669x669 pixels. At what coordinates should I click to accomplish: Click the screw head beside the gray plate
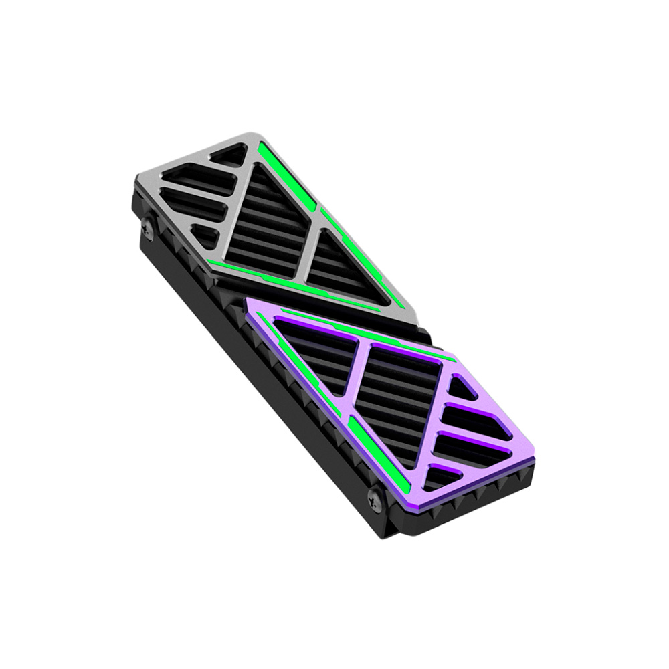click(x=147, y=229)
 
